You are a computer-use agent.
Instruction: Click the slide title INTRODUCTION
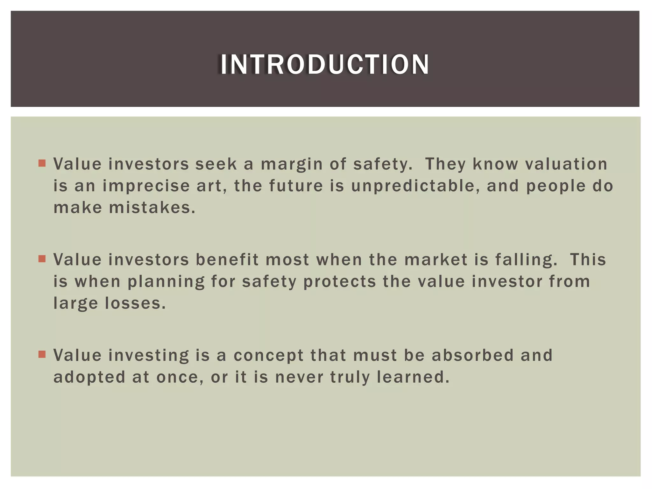(x=325, y=65)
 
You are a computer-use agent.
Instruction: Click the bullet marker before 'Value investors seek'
(x=42, y=164)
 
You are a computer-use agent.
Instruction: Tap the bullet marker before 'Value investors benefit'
(x=42, y=259)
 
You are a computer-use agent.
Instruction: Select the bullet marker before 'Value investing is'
(x=42, y=354)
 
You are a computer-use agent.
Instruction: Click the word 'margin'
(x=292, y=165)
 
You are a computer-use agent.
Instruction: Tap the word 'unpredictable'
(x=415, y=186)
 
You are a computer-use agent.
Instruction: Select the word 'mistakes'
(x=152, y=208)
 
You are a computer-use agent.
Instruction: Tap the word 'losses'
(x=135, y=303)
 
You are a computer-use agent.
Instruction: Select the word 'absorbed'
(x=473, y=355)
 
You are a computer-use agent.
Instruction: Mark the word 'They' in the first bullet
(x=446, y=165)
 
